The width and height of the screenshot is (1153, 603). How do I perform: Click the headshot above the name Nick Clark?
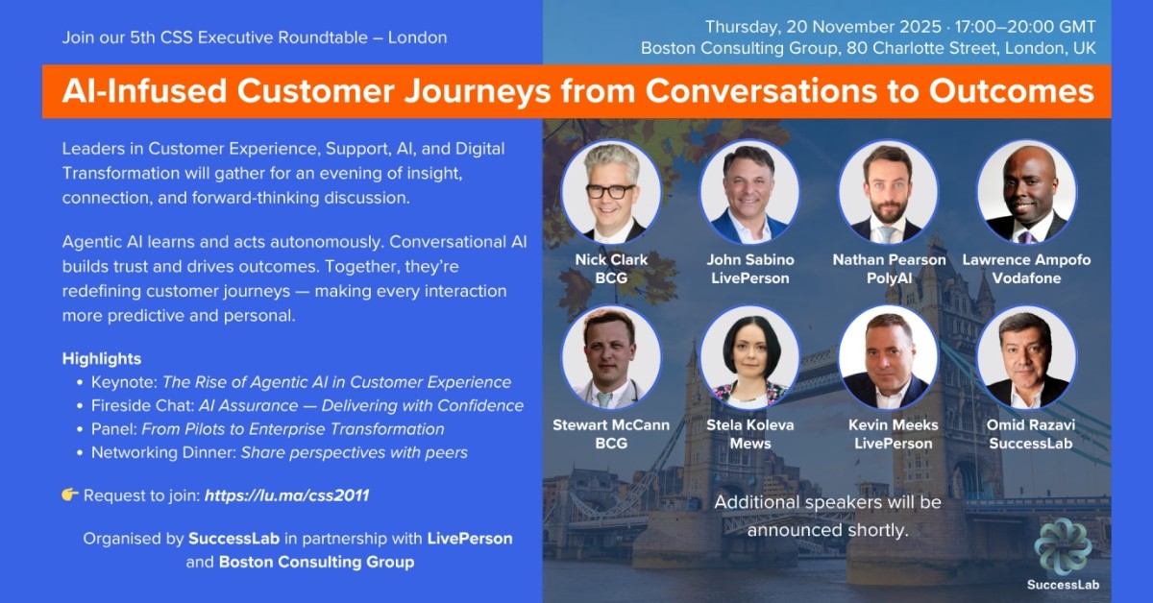pyautogui.click(x=610, y=190)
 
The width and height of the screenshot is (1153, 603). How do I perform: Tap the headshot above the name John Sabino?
pyautogui.click(x=749, y=190)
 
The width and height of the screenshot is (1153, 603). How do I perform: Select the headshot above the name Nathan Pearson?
pyautogui.click(x=888, y=190)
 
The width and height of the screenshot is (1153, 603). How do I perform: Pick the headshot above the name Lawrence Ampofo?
pyautogui.click(x=1026, y=190)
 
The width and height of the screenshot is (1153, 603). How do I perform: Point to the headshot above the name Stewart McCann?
pyautogui.click(x=610, y=357)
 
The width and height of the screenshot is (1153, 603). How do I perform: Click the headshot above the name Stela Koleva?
pyautogui.click(x=749, y=357)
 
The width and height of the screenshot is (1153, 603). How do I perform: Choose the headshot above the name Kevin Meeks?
pyautogui.click(x=888, y=357)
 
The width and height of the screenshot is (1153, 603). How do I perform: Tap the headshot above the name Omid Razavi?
pyautogui.click(x=1026, y=357)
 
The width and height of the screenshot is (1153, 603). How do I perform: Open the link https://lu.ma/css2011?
pyautogui.click(x=286, y=495)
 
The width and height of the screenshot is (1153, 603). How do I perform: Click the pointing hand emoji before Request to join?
pyautogui.click(x=70, y=495)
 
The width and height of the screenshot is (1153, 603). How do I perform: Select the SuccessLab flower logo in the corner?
pyautogui.click(x=1062, y=546)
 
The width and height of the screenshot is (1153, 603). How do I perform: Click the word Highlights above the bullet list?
pyautogui.click(x=102, y=358)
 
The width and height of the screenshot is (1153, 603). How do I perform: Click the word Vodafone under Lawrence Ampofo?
pyautogui.click(x=1026, y=277)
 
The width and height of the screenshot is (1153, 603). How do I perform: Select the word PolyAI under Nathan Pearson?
pyautogui.click(x=888, y=277)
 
